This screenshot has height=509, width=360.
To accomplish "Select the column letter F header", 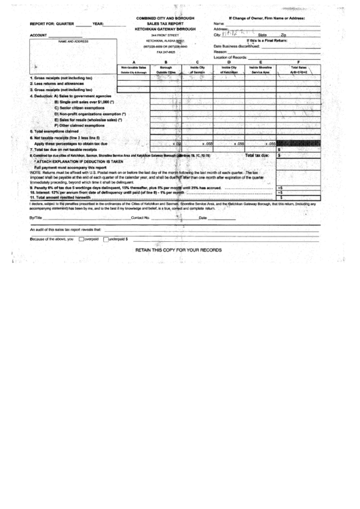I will (298, 62).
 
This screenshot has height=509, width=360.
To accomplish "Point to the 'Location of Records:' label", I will (235, 57).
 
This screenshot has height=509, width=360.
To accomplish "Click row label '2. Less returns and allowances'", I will (57, 83).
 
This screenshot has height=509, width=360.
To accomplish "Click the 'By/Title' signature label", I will (36, 218).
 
